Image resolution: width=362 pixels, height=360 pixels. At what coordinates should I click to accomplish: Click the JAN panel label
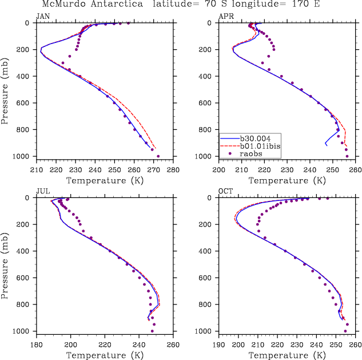coord(42,17)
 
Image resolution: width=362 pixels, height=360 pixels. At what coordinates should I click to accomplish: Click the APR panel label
coord(226,17)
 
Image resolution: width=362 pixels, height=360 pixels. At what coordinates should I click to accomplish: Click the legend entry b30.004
coord(252,138)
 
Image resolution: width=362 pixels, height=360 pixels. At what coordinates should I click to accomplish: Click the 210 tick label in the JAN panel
coord(36,170)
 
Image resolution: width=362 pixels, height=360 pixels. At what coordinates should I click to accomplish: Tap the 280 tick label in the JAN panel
coord(173,170)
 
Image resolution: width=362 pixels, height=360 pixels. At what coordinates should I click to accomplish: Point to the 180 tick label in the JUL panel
coord(36,345)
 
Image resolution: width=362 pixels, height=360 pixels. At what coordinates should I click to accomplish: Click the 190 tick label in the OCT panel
coord(219,345)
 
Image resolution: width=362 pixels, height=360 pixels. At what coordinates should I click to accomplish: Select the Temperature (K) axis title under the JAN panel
coord(104,180)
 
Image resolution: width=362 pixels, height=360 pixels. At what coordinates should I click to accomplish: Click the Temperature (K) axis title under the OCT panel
coord(288,355)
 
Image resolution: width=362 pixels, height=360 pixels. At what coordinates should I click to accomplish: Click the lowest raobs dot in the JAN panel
coord(158,156)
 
